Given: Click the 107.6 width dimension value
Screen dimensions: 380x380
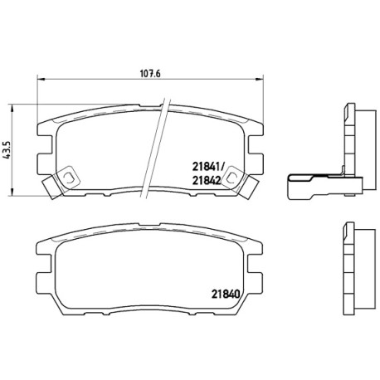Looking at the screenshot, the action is (150, 74).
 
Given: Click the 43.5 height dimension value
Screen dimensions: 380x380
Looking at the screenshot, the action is (7, 150).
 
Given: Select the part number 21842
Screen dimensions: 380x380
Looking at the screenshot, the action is (207, 181).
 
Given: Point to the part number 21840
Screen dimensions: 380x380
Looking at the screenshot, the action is (226, 295).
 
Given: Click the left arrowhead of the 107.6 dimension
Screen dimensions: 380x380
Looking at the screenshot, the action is (41, 80).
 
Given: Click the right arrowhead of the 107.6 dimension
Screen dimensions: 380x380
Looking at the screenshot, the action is (260, 80).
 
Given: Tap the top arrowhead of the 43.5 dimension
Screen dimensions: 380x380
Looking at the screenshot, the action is (12, 108).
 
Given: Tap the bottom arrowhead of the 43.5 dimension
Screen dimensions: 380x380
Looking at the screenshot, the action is (12, 192).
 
